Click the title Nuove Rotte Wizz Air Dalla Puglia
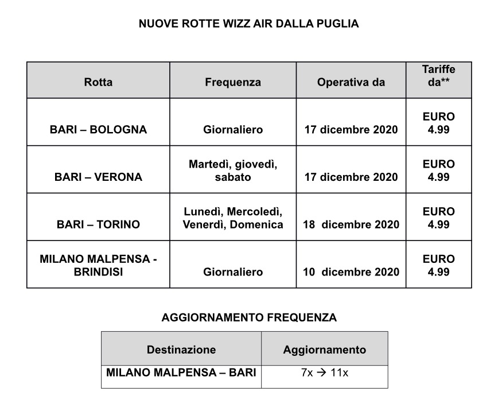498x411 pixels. pos(248,24)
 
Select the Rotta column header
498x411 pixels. pos(98,82)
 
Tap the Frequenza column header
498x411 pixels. pos(232,82)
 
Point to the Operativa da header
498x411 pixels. pos(351,82)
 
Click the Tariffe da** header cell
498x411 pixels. pos(438,76)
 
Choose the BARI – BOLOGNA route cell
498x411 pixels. pos(98,130)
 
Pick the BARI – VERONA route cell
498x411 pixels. pos(98,177)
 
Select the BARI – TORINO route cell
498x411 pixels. pos(98,224)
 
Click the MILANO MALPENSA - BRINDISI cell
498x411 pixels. pos(98,265)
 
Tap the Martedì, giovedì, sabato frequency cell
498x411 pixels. pos(232,170)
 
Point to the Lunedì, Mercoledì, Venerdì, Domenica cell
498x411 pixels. pos(232,218)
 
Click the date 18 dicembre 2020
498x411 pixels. pos(351,224)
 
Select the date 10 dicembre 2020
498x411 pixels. pos(351,272)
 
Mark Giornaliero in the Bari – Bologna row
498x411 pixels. pos(232,130)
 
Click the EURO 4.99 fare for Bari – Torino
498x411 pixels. pos(438,218)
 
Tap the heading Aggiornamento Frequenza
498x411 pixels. pos(249,317)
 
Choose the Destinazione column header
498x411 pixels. pos(181,350)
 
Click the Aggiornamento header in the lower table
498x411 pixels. pos(324,350)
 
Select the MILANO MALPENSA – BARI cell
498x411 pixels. pos(181,373)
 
